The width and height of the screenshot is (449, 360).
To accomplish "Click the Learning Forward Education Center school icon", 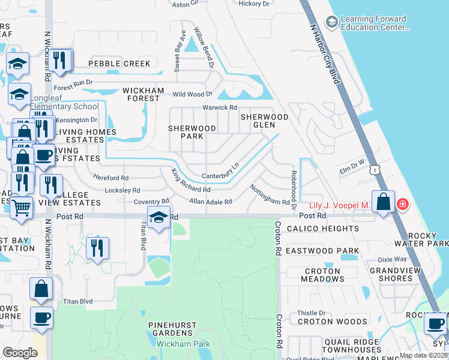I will (331, 22).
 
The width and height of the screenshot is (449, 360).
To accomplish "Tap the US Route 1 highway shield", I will (376, 170).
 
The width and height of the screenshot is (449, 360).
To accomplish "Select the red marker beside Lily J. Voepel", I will (403, 205).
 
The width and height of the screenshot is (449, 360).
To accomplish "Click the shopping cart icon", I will (22, 208).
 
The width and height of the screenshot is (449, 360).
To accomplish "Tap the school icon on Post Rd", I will (158, 218).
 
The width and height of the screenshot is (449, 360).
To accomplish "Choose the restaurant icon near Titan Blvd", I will (97, 247).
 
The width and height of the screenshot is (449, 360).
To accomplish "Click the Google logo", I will (20, 353).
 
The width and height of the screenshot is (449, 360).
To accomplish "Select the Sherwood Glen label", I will (265, 121).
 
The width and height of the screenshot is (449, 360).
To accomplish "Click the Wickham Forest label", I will (143, 95).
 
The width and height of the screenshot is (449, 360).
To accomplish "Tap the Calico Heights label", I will (322, 229).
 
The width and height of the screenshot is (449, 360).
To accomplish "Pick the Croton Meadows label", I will (322, 275).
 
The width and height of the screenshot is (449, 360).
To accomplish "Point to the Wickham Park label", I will (181, 344).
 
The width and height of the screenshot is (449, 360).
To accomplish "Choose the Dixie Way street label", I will (392, 260).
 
